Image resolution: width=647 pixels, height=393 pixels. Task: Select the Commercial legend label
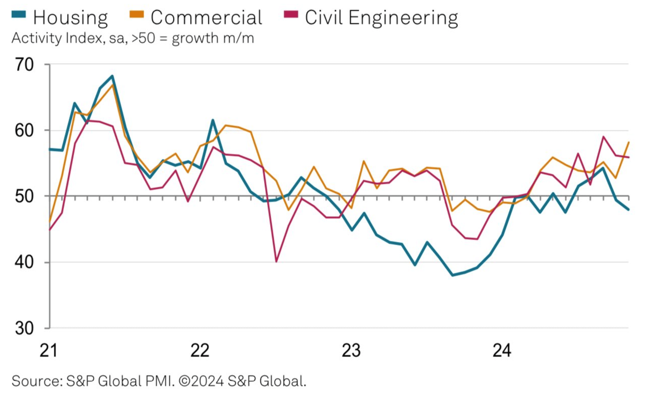[206, 17]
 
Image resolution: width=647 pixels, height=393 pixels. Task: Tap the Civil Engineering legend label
[381, 17]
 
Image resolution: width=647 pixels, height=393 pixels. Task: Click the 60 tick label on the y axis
[24, 131]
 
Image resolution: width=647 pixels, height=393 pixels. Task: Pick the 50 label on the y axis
[24, 196]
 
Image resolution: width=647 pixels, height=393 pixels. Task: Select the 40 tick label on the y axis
[24, 262]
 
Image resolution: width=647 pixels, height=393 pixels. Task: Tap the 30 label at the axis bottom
[24, 328]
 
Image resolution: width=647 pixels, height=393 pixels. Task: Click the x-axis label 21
[48, 350]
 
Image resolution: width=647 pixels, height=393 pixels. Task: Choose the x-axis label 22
[200, 350]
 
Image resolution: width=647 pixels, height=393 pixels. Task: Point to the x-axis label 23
[351, 350]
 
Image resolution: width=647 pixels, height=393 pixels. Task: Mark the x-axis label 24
[502, 350]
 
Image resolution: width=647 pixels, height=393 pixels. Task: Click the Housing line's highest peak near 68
[112, 76]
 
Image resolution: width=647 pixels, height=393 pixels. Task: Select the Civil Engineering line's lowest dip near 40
[276, 261]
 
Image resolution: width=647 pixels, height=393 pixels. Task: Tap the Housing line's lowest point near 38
[453, 275]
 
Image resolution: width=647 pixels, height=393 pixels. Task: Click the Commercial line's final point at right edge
[628, 142]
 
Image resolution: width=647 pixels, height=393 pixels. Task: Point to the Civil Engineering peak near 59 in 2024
[603, 137]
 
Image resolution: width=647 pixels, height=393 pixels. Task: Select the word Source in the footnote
[36, 381]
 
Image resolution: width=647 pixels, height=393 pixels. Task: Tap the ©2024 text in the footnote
[201, 381]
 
